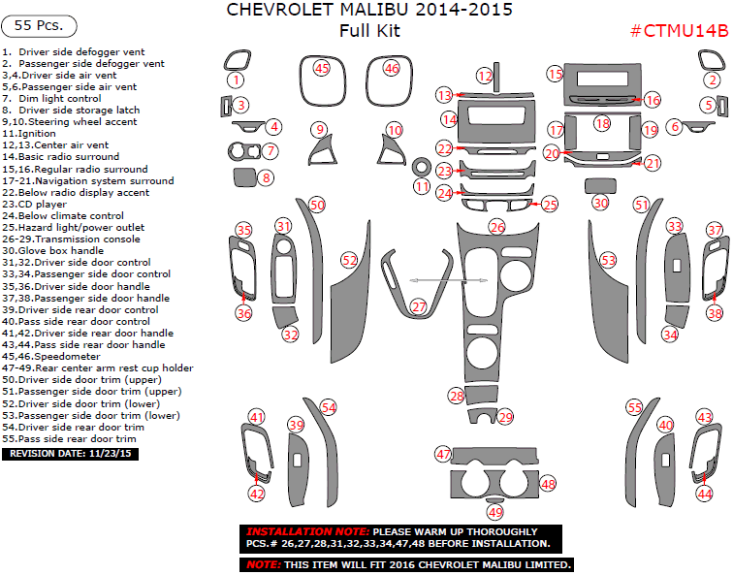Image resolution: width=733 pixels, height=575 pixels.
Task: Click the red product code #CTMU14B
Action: click(679, 30)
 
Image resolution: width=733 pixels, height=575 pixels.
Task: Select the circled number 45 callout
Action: click(322, 68)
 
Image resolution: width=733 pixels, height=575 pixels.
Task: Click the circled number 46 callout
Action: click(391, 69)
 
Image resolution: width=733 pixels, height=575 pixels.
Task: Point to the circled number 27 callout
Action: click(419, 306)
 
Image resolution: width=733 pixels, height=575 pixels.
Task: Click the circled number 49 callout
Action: click(495, 511)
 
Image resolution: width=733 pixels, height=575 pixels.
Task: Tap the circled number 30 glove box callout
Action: click(601, 203)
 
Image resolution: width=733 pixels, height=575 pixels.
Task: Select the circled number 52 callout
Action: click(349, 260)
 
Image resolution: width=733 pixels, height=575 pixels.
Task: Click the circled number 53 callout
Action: click(608, 260)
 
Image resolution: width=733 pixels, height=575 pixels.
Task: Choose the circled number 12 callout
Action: click(485, 76)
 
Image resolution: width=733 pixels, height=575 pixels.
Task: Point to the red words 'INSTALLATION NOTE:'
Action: click(307, 532)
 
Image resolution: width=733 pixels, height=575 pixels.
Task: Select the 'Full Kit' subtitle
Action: click(369, 32)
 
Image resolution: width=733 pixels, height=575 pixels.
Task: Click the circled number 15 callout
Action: click(555, 74)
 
